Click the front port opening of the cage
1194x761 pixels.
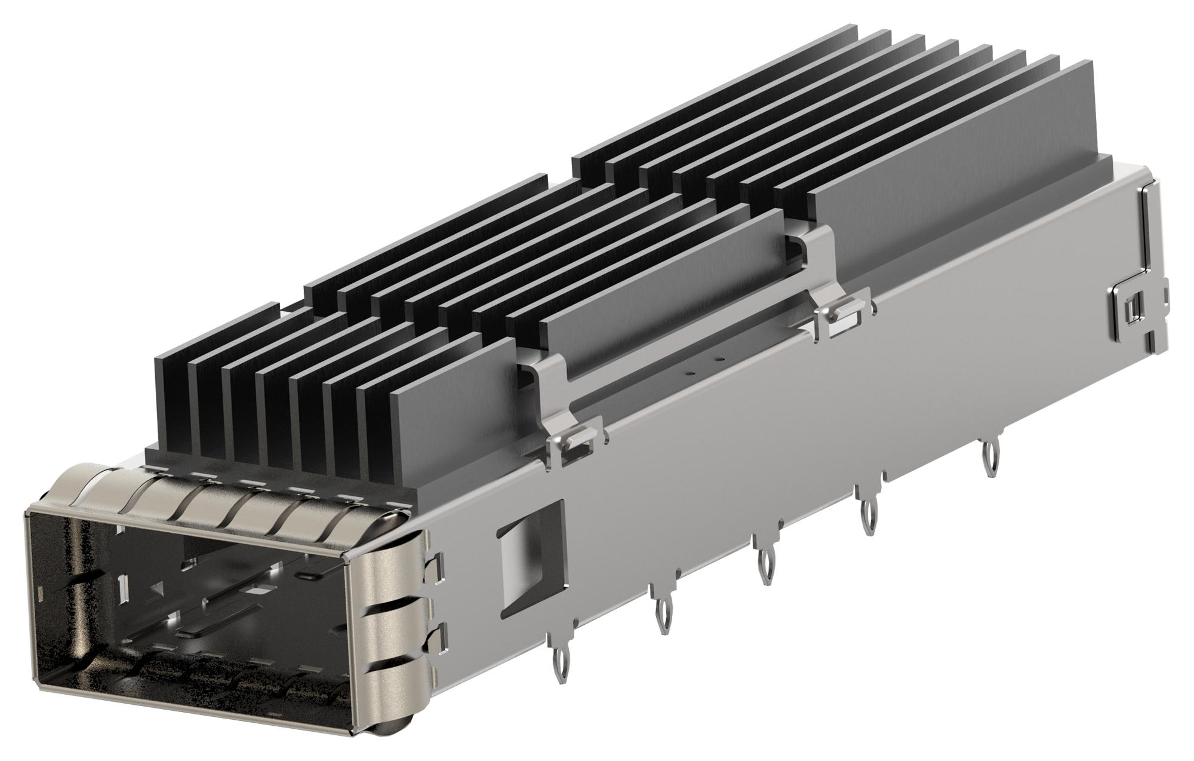[197, 603]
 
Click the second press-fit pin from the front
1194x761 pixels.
[661, 616]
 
